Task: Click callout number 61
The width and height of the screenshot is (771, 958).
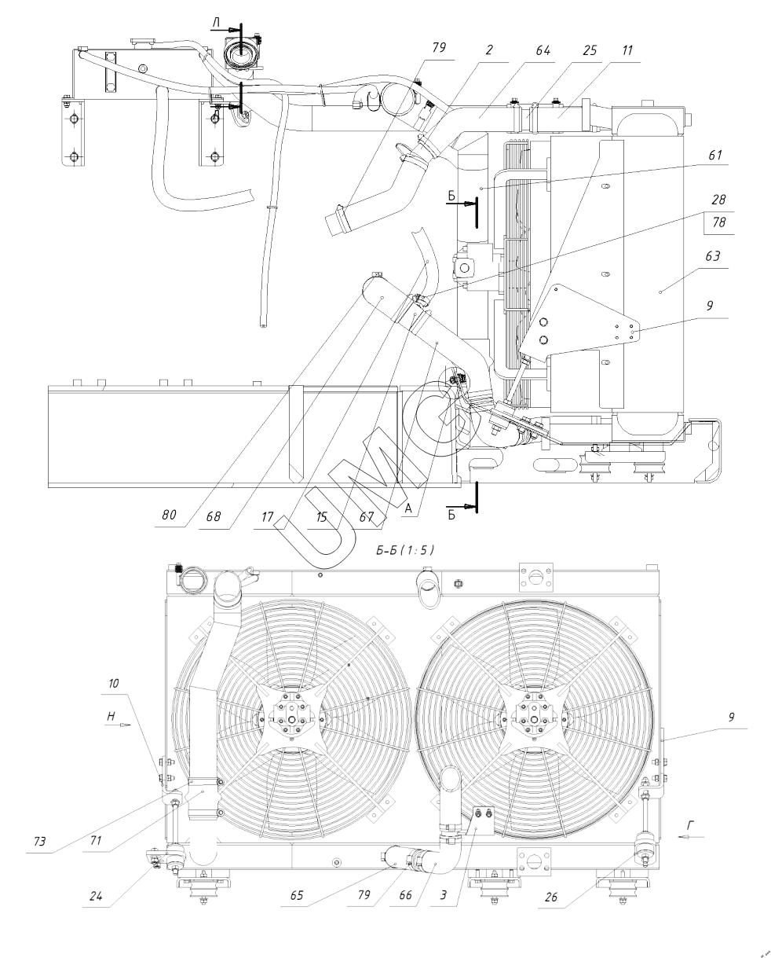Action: click(x=715, y=156)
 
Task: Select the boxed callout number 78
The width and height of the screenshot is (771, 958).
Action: click(x=719, y=222)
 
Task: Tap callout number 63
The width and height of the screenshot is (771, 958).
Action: click(x=713, y=256)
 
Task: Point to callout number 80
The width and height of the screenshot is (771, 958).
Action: click(x=169, y=515)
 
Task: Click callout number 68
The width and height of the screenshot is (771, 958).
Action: click(x=213, y=516)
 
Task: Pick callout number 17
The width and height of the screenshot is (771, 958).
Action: click(x=268, y=517)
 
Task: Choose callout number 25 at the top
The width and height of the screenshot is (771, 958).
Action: click(x=589, y=50)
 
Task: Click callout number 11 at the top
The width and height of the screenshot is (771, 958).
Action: click(x=627, y=50)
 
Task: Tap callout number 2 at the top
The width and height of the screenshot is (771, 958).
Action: click(x=489, y=50)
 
